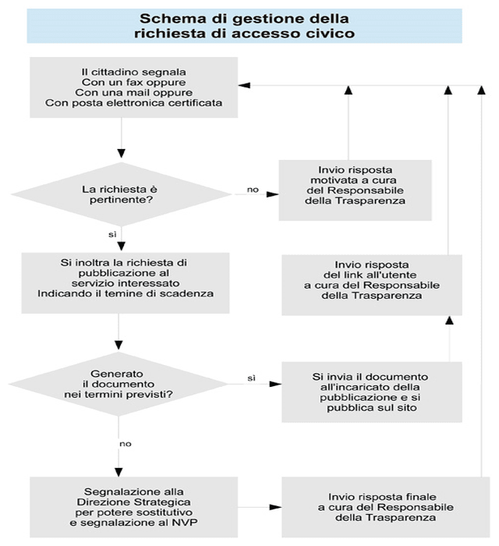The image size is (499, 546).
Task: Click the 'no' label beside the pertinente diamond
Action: pos(253,190)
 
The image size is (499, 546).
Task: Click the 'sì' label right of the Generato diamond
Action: pos(252,378)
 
